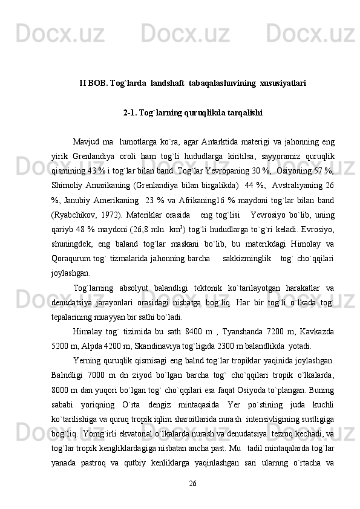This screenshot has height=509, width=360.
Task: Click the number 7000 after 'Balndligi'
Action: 98,375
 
